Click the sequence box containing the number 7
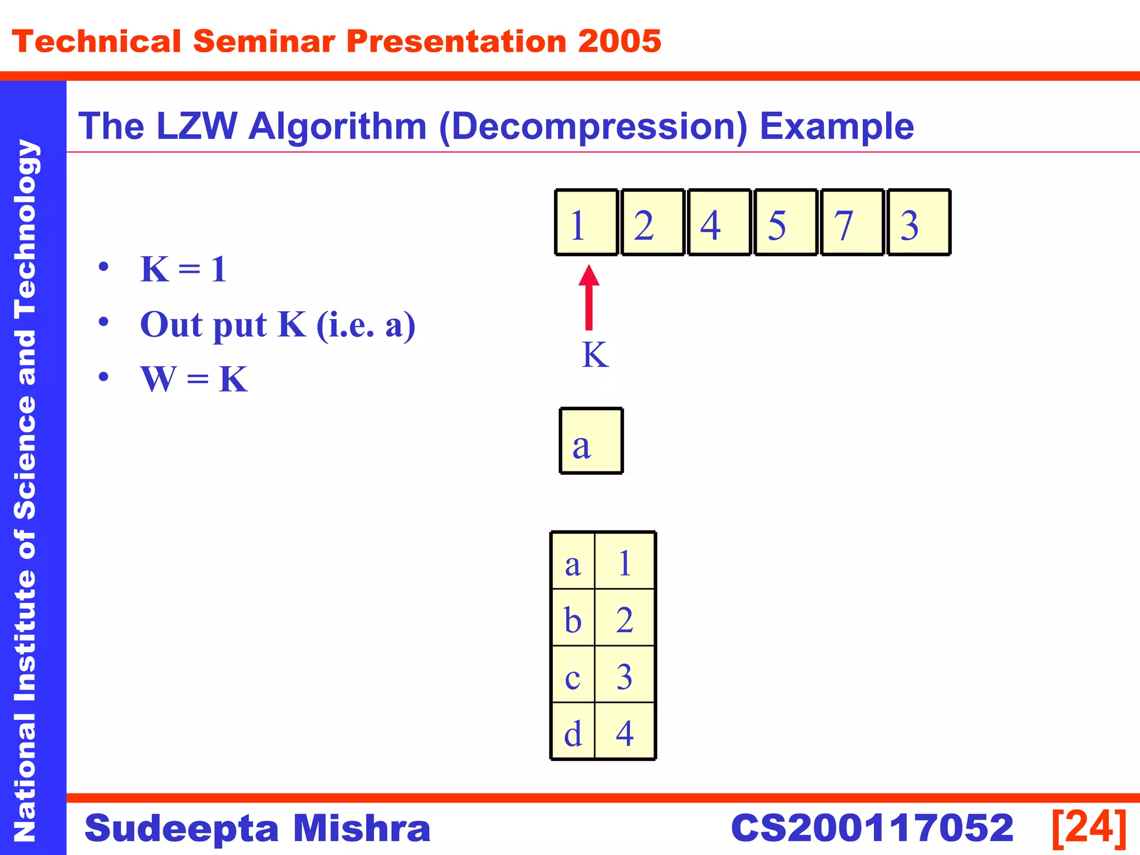coord(852,222)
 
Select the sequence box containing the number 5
coord(785,222)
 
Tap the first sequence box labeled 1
coord(586,222)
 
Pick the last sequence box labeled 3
coord(919,222)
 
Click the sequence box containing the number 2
coord(652,222)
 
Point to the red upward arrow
coord(589,298)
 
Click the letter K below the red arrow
coord(595,355)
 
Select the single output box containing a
coord(591,441)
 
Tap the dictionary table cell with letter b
coord(573,618)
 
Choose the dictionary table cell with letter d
coord(573,731)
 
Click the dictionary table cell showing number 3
coord(625,675)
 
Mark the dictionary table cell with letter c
coord(573,675)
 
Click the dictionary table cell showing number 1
coord(625,561)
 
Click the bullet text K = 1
coord(183,269)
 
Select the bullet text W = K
coord(194,380)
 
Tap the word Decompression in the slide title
coord(593,127)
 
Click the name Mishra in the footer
coord(361,828)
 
